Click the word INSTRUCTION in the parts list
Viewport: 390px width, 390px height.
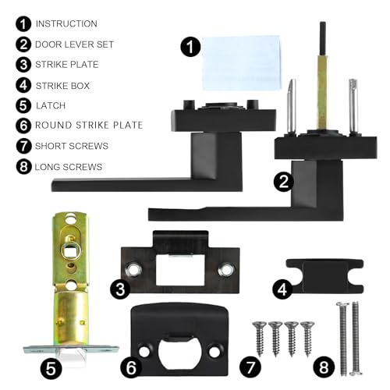[66, 23]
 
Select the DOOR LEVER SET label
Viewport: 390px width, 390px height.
[74, 44]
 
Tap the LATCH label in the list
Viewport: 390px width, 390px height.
[51, 105]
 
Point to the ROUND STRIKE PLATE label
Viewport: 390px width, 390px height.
[89, 125]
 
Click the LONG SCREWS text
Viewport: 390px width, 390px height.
[69, 167]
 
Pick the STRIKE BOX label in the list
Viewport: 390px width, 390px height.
[62, 86]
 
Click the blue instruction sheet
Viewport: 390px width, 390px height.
[241, 62]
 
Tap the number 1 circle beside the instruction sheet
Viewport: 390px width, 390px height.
[190, 47]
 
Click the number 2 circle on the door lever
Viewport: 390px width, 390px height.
[284, 182]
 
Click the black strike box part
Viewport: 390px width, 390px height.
[325, 275]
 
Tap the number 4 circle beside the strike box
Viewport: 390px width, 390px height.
[282, 289]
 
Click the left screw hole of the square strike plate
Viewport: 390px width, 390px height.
[134, 270]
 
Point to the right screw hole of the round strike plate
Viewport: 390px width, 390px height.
[214, 352]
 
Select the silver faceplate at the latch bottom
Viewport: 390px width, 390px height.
[71, 349]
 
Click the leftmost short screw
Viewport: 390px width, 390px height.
[260, 339]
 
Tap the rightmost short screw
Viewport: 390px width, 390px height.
[307, 339]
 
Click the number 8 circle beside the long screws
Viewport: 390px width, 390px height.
[324, 367]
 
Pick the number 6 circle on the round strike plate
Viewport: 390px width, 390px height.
[131, 367]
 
